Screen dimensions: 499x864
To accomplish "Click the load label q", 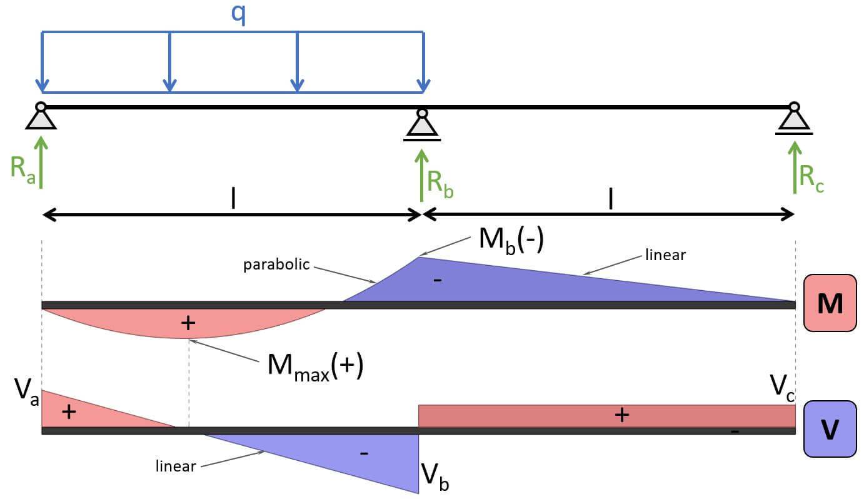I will click(238, 15).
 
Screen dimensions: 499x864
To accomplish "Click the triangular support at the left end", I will click(41, 118).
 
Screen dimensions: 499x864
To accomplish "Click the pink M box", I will click(829, 305).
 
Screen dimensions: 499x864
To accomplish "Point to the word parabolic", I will click(276, 265).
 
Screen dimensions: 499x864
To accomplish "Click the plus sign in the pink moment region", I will click(188, 322).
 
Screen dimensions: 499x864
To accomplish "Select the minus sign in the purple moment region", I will click(438, 280).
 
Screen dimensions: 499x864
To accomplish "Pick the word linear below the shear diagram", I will click(176, 466).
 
